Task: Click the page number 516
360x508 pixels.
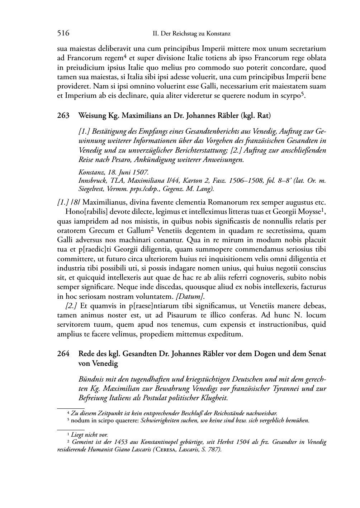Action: click(63, 34)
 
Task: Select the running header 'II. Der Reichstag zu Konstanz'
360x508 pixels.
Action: click(191, 34)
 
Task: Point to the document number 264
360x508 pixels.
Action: click(63, 354)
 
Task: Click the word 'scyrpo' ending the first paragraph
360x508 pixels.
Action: click(290, 96)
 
